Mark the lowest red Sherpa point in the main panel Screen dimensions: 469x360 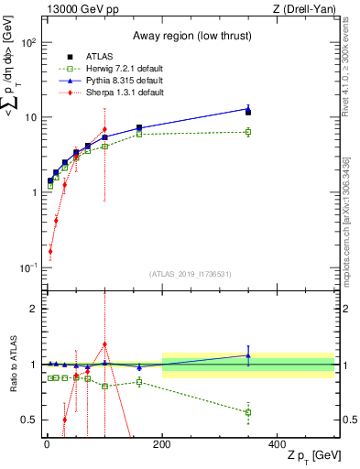point(49,251)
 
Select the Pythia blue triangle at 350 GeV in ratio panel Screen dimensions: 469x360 point(248,355)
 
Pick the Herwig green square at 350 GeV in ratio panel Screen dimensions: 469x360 point(248,412)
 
